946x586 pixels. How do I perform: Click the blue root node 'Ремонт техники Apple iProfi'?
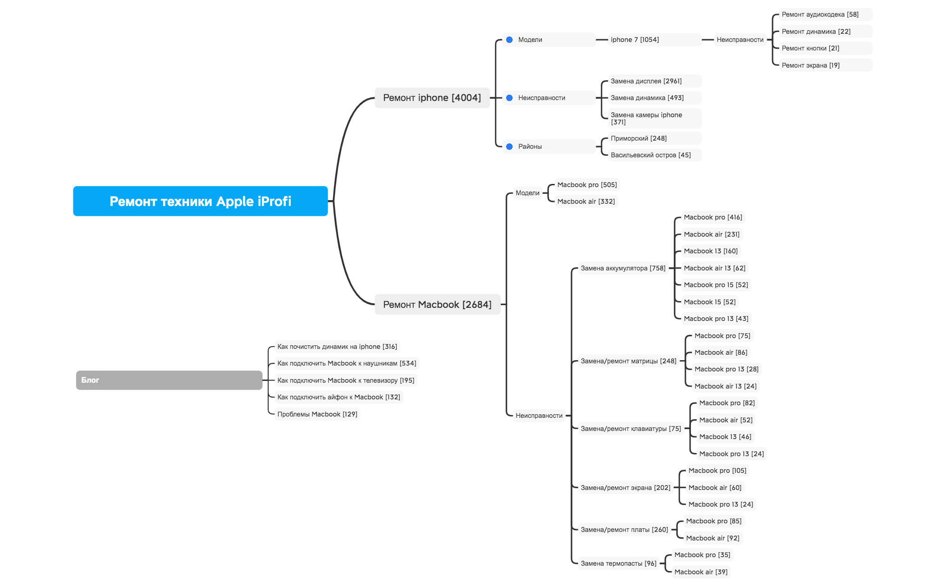point(200,201)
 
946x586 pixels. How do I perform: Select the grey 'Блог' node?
point(169,380)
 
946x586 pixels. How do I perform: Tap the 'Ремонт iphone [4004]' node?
point(432,98)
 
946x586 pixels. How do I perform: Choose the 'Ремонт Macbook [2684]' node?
point(437,304)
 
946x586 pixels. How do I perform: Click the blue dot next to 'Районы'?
point(509,146)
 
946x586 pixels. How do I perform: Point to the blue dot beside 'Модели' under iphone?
point(509,40)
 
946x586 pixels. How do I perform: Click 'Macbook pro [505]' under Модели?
point(587,185)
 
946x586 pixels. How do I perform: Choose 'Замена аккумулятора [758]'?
point(623,268)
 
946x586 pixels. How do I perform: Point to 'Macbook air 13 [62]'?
point(714,268)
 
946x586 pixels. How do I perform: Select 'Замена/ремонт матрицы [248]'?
point(628,361)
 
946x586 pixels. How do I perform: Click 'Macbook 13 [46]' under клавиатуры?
point(725,437)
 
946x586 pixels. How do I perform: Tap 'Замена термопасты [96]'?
point(618,563)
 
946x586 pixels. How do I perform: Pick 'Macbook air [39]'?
point(701,572)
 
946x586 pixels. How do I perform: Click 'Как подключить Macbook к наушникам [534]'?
point(347,363)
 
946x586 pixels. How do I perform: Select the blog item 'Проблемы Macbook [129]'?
point(317,414)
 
